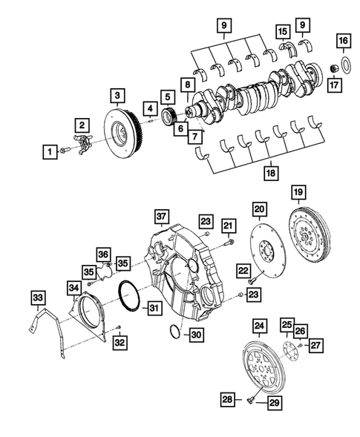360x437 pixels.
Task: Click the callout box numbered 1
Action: pyautogui.click(x=49, y=152)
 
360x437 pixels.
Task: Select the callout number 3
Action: pyautogui.click(x=117, y=95)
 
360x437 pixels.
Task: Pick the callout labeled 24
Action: pyautogui.click(x=258, y=325)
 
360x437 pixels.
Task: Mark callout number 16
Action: pyautogui.click(x=343, y=39)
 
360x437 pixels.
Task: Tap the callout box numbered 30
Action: pyautogui.click(x=195, y=335)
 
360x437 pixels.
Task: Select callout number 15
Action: pyautogui.click(x=283, y=32)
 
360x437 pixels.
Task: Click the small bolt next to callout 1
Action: pyautogui.click(x=65, y=151)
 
